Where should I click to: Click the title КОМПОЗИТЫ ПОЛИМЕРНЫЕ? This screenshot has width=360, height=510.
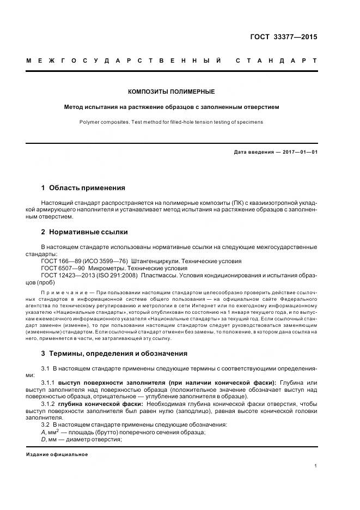171,92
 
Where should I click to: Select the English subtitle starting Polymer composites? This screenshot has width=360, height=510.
171,122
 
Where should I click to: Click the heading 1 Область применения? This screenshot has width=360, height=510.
83,188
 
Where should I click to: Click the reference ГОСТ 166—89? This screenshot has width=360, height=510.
60,261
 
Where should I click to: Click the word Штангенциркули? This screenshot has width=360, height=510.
155,261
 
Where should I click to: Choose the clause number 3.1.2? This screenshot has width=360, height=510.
48,404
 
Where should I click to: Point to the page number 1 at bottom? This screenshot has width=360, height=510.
315,466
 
